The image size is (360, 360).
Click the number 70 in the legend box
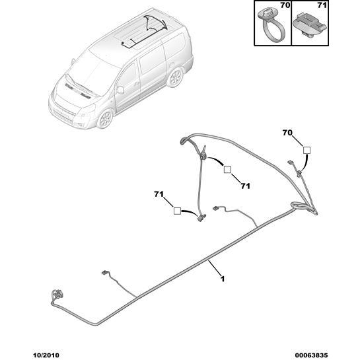point(285,5)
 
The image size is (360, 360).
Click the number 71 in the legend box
point(322,5)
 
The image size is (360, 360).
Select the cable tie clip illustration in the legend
point(271,24)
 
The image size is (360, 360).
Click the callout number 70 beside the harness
point(287,133)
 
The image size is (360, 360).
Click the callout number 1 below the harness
point(222,279)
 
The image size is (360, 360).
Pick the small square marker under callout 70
point(306,151)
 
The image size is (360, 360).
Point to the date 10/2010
point(46,355)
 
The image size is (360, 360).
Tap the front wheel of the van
point(105,119)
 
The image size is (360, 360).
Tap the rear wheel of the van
point(175,77)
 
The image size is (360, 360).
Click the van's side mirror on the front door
point(120,90)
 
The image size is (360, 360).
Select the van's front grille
point(63,111)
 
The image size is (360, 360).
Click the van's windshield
point(92,73)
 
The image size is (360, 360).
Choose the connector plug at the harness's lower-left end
point(57,295)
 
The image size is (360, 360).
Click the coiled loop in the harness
point(299,205)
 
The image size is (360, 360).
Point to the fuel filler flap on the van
point(171,65)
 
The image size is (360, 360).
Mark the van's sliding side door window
point(152,59)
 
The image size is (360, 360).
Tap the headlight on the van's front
point(87,111)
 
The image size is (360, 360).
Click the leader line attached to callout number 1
point(215,268)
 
